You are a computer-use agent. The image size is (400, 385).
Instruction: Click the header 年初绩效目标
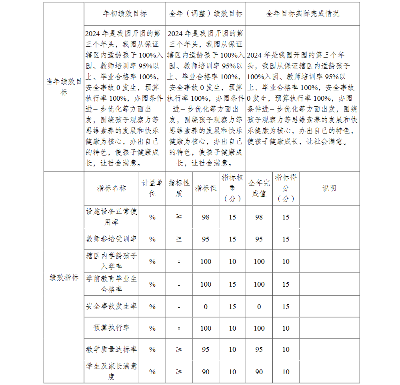pyautogui.click(x=125, y=14)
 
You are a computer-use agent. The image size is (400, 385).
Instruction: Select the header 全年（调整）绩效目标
pyautogui.click(x=206, y=14)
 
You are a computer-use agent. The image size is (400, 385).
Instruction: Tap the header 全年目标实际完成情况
pyautogui.click(x=302, y=14)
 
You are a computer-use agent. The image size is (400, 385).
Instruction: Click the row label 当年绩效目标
pyautogui.click(x=64, y=87)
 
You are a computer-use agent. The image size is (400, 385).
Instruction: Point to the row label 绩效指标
pyautogui.click(x=64, y=277)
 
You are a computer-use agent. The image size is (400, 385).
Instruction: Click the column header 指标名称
pyautogui.click(x=112, y=188)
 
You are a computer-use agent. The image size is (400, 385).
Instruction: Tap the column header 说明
pyautogui.click(x=329, y=188)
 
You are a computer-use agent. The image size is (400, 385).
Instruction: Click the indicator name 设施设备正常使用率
pyautogui.click(x=112, y=216)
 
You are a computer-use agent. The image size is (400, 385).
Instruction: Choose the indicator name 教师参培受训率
pyautogui.click(x=112, y=239)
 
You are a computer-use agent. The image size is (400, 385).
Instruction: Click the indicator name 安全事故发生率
pyautogui.click(x=112, y=307)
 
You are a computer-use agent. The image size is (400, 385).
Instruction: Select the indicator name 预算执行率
pyautogui.click(x=112, y=328)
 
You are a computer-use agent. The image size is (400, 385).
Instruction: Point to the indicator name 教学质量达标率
pyautogui.click(x=112, y=349)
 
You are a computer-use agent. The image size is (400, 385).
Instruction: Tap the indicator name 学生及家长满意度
pyautogui.click(x=112, y=371)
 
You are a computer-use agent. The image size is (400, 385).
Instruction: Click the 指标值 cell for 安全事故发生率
pyautogui.click(x=206, y=307)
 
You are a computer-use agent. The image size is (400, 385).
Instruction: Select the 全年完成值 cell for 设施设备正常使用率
pyautogui.click(x=259, y=217)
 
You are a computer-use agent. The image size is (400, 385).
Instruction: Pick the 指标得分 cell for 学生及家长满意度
pyautogui.click(x=286, y=372)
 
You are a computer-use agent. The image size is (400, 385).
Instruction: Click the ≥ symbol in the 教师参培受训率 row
pyautogui.click(x=179, y=239)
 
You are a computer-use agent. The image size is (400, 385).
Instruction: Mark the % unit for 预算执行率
pyautogui.click(x=152, y=328)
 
